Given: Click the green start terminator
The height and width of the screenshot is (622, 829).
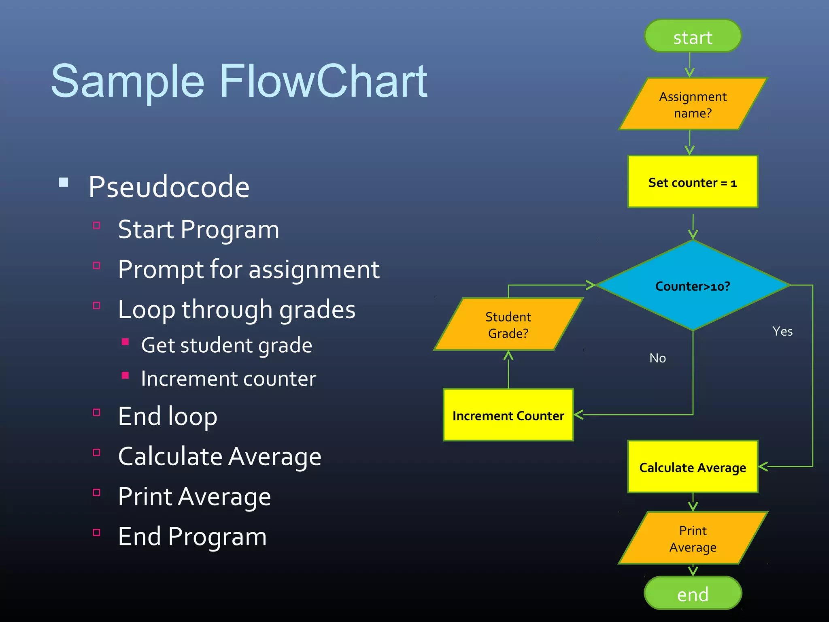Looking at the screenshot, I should (x=693, y=36).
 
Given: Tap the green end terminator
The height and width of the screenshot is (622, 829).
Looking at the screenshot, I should (x=693, y=593).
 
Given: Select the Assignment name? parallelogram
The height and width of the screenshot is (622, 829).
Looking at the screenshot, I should (x=693, y=104).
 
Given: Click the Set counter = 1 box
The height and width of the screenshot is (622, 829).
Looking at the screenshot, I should (x=693, y=182).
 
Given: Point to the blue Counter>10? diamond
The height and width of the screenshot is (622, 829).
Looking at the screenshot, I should (x=693, y=286).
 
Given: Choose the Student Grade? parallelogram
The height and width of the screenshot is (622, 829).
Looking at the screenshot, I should (x=508, y=324).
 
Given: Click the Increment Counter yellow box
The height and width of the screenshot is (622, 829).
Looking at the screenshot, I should (x=508, y=415).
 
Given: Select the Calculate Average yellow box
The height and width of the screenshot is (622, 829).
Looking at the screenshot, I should (x=693, y=467).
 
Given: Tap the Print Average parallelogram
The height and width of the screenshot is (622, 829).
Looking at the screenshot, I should (x=693, y=538).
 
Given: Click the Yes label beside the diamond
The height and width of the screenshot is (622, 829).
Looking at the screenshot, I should (x=782, y=331).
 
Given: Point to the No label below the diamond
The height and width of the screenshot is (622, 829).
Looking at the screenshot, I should (x=657, y=358).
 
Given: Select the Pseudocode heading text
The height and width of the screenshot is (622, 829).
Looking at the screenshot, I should (x=169, y=187).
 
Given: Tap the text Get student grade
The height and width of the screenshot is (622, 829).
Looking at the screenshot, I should (x=227, y=345).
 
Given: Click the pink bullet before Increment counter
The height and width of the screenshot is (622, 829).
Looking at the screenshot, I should (x=125, y=375).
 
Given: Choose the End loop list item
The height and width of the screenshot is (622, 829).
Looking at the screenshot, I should (x=168, y=416).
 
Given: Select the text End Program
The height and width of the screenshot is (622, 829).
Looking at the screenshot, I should (x=192, y=536).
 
